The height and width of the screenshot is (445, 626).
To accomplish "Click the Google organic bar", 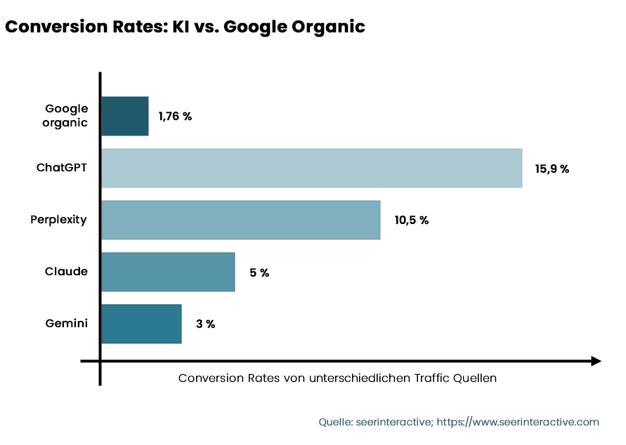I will (x=125, y=116).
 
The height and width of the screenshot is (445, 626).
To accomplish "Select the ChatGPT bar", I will (x=311, y=168).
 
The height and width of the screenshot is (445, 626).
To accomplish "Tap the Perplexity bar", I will (x=240, y=220).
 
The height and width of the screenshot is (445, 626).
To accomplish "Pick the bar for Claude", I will (x=168, y=272).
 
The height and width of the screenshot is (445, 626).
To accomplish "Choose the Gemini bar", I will (x=141, y=324).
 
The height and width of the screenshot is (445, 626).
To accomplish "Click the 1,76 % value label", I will (x=175, y=117).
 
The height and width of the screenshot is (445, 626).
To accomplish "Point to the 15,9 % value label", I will (x=552, y=168).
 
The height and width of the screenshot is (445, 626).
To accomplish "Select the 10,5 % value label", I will (x=411, y=220).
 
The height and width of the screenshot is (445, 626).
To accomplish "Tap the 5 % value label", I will (x=259, y=272).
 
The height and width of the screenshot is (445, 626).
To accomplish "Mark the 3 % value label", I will (x=205, y=324).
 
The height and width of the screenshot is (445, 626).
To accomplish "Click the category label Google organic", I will (x=67, y=116).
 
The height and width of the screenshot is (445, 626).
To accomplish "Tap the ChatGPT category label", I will (x=63, y=168).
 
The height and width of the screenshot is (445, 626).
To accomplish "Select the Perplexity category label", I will (x=59, y=220).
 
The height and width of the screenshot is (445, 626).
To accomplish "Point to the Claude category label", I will (x=67, y=272).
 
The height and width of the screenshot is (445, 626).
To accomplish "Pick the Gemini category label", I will (x=67, y=324).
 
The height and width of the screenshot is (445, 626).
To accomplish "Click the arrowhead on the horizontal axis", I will (x=595, y=361).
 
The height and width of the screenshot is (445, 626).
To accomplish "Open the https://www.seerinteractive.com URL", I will (x=518, y=422).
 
